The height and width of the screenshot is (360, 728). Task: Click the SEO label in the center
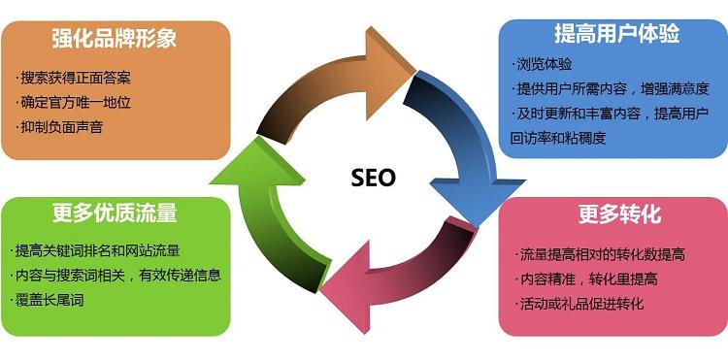tap(373, 178)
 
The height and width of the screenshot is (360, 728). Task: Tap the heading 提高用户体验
tap(616, 34)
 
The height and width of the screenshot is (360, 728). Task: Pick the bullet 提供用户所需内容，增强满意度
tap(613, 90)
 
